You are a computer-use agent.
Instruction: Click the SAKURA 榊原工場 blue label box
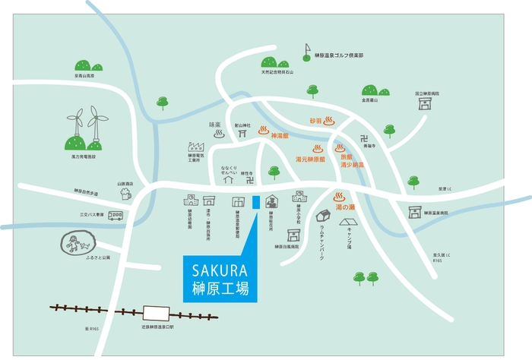click(x=220, y=279)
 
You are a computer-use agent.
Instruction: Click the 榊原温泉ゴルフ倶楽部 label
click(x=339, y=55)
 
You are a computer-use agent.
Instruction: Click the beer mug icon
click(x=125, y=194)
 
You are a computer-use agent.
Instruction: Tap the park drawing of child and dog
click(x=76, y=244)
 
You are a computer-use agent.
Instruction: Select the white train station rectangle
click(x=157, y=311)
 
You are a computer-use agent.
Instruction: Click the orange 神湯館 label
click(x=282, y=136)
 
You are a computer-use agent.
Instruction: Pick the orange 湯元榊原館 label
click(x=310, y=159)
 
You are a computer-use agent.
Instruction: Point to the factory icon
click(x=196, y=145)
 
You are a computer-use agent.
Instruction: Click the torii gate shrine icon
click(x=242, y=132)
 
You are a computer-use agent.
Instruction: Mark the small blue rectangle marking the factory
click(x=256, y=201)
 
